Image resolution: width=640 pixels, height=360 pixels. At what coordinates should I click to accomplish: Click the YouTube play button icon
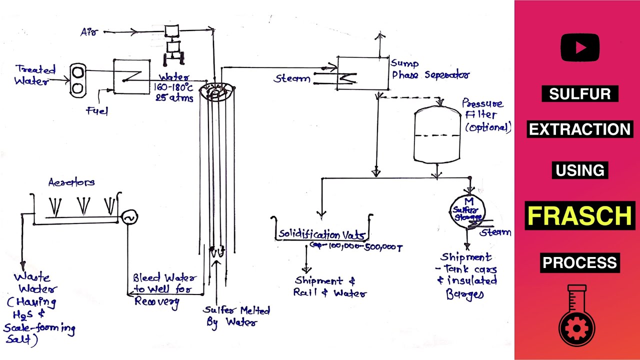580,47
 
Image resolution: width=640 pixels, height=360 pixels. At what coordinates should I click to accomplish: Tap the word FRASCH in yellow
580,216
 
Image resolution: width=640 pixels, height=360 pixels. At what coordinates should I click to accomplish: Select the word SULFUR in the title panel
580,94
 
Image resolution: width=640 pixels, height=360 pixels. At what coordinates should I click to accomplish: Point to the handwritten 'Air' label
89,32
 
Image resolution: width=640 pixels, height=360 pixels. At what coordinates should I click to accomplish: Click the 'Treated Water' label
35,75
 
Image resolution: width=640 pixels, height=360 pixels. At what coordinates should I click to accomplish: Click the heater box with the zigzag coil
131,76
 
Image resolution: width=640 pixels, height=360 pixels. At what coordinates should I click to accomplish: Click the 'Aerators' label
71,182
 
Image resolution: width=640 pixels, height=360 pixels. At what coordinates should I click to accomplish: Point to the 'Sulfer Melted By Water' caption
236,316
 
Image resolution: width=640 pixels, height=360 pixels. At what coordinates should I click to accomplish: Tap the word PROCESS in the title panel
580,262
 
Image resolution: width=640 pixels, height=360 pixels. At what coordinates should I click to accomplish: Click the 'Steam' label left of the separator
292,78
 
